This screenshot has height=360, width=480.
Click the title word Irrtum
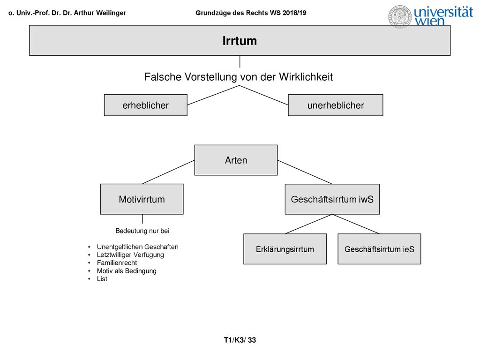pyautogui.click(x=240, y=41)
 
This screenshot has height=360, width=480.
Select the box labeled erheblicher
pyautogui.click(x=145, y=105)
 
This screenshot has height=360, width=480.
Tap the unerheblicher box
pyautogui.click(x=336, y=105)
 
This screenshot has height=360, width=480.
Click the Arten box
pyautogui.click(x=236, y=160)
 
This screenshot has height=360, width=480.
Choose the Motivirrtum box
pyautogui.click(x=142, y=199)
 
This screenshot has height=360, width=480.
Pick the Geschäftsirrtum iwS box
pyautogui.click(x=332, y=199)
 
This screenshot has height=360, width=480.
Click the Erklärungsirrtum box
pyautogui.click(x=285, y=249)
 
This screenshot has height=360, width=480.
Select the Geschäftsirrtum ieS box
pyautogui.click(x=379, y=249)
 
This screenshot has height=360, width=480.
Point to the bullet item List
pyautogui.click(x=102, y=279)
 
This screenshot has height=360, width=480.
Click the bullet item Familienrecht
pyautogui.click(x=117, y=262)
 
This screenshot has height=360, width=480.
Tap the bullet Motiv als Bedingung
pyautogui.click(x=127, y=271)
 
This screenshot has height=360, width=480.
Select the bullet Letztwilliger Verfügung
pyautogui.click(x=130, y=255)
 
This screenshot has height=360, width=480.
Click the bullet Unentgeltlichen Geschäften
pyautogui.click(x=137, y=247)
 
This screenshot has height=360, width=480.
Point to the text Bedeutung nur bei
pyautogui.click(x=142, y=231)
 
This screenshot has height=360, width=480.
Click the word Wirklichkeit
pyautogui.click(x=306, y=77)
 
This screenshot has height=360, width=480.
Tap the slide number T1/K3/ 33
pyautogui.click(x=240, y=340)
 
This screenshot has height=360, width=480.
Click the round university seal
pyautogui.click(x=400, y=16)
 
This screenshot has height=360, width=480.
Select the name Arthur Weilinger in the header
pyautogui.click(x=100, y=13)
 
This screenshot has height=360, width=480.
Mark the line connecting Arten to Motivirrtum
pyautogui.click(x=168, y=172)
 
